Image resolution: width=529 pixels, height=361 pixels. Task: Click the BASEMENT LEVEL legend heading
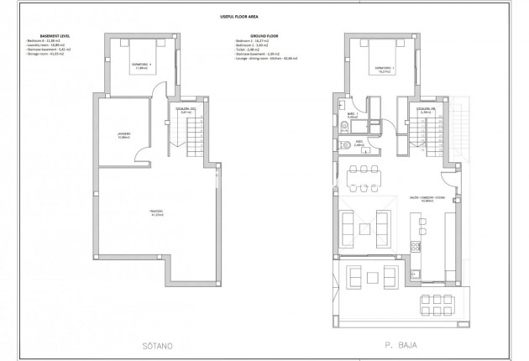pyautogui.click(x=44, y=36)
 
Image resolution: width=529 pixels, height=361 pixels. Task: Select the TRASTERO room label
pyautogui.click(x=156, y=212)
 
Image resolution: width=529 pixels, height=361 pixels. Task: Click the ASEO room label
pyautogui.click(x=357, y=144)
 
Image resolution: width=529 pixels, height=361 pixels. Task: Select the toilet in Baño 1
pyautogui.click(x=346, y=127)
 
